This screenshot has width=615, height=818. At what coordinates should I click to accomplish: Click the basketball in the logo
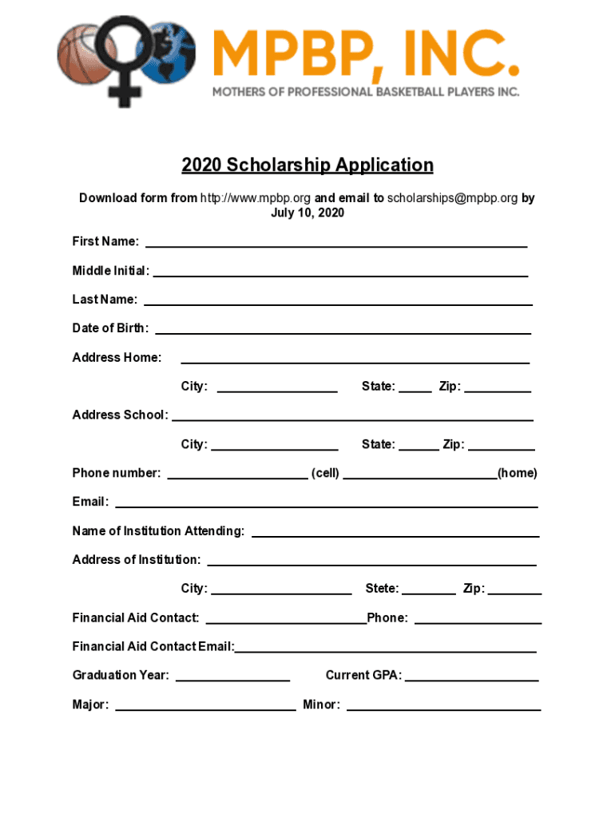tap(80, 54)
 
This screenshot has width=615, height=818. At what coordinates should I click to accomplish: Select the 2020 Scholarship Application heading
tap(307, 165)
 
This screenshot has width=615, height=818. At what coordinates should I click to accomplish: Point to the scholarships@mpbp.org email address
tap(452, 198)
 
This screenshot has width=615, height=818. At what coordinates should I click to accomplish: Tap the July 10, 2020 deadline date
tap(307, 213)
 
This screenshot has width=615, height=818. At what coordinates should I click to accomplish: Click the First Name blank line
tap(335, 244)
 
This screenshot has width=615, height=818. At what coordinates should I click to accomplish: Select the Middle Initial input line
tap(340, 274)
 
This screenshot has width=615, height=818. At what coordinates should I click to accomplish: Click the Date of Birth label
tap(110, 328)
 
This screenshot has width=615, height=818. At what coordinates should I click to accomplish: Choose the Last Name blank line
tap(338, 303)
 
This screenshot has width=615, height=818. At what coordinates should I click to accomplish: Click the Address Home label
tap(117, 357)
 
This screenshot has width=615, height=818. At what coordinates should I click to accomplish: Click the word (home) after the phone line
tap(518, 473)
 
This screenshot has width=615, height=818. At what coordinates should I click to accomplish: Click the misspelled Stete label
tap(382, 589)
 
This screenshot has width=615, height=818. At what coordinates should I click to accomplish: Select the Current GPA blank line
tap(471, 679)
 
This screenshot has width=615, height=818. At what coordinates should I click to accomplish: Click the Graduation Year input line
tap(232, 679)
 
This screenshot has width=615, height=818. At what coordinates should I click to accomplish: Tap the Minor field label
tap(321, 705)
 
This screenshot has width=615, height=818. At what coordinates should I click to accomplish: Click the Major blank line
tap(205, 708)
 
